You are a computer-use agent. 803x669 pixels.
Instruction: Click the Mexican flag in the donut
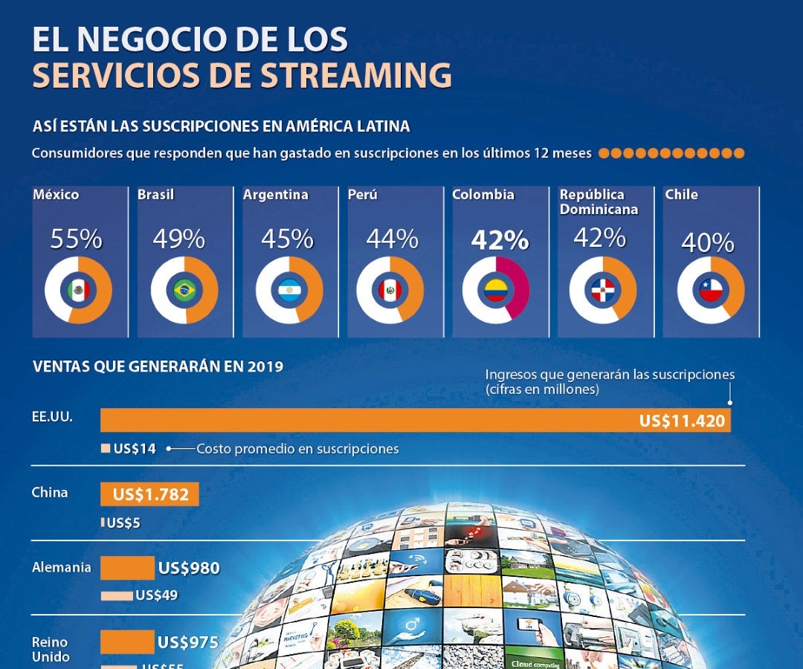click(x=78, y=290)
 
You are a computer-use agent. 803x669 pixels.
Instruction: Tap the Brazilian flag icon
click(x=184, y=290)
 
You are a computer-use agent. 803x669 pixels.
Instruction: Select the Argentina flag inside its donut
click(x=289, y=290)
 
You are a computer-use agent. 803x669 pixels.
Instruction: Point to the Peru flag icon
click(x=390, y=290)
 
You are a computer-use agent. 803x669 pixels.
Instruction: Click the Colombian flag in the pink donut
click(x=495, y=290)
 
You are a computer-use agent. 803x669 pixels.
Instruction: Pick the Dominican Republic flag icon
click(x=602, y=290)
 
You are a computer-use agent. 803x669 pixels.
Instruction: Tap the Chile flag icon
click(x=711, y=290)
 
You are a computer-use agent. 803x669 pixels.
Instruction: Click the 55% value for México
click(x=76, y=239)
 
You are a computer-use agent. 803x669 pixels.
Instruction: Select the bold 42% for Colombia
click(x=499, y=240)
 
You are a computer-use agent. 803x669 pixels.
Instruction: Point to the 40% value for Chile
click(x=708, y=242)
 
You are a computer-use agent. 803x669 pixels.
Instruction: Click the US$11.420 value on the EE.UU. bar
click(x=682, y=421)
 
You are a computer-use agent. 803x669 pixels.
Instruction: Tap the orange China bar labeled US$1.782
click(x=150, y=494)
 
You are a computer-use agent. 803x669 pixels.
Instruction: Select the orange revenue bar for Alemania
click(x=127, y=569)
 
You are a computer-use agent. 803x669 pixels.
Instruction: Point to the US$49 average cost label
click(x=157, y=595)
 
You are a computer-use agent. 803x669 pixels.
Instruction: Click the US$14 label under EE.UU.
click(x=135, y=449)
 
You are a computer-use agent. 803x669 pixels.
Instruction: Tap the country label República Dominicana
click(x=599, y=202)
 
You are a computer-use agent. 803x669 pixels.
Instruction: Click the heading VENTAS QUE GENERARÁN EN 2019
click(x=158, y=366)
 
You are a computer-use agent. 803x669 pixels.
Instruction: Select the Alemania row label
click(x=62, y=568)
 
